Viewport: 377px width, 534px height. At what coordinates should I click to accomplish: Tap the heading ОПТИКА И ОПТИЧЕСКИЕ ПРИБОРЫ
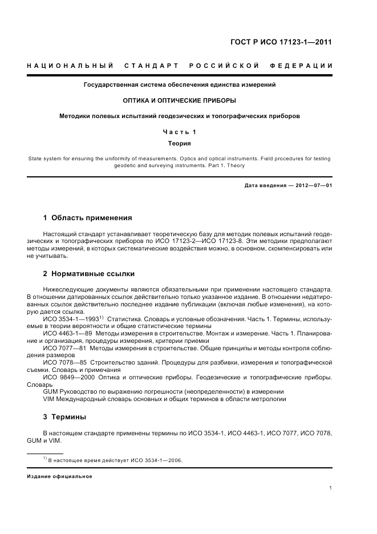pos(180,100)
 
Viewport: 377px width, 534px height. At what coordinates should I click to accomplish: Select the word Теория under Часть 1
pos(179,144)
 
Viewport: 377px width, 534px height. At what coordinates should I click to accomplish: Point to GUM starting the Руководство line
pos(51,392)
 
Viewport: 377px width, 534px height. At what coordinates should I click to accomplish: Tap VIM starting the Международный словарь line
pos(50,399)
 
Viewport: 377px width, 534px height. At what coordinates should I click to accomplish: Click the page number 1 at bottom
pos(331,488)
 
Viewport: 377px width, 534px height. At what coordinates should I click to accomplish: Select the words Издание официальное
pos(59,476)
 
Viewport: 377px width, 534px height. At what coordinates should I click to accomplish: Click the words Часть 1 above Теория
pos(180,132)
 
